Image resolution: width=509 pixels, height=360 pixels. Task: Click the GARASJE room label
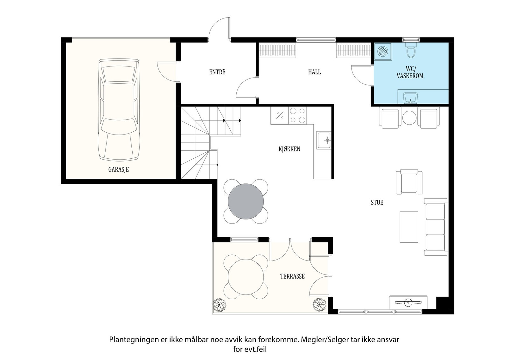tap(118, 170)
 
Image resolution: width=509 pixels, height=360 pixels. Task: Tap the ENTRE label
tap(217, 72)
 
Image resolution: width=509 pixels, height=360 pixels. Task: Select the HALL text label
tap(315, 72)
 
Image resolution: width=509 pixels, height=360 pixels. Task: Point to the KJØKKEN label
tap(289, 149)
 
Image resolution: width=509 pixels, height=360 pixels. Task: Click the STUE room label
tap(377, 202)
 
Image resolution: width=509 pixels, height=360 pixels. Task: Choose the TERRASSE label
tap(292, 276)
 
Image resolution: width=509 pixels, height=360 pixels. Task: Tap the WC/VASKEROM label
tap(410, 72)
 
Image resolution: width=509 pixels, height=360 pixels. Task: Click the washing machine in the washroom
tap(383, 51)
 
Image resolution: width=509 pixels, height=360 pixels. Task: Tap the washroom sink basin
tap(410, 98)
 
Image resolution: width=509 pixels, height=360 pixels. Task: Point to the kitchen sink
tap(324, 140)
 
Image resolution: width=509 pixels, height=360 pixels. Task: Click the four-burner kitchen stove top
tap(297, 115)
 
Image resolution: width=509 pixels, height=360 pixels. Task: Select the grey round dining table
tap(246, 201)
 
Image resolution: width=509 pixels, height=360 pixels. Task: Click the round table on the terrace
tap(246, 277)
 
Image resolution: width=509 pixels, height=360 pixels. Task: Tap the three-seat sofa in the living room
tap(436, 227)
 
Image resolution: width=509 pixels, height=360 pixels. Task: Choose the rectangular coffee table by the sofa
tap(409, 227)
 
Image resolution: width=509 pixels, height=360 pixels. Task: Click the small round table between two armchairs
tap(409, 118)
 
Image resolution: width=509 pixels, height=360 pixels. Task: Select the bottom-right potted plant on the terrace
tap(319, 305)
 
